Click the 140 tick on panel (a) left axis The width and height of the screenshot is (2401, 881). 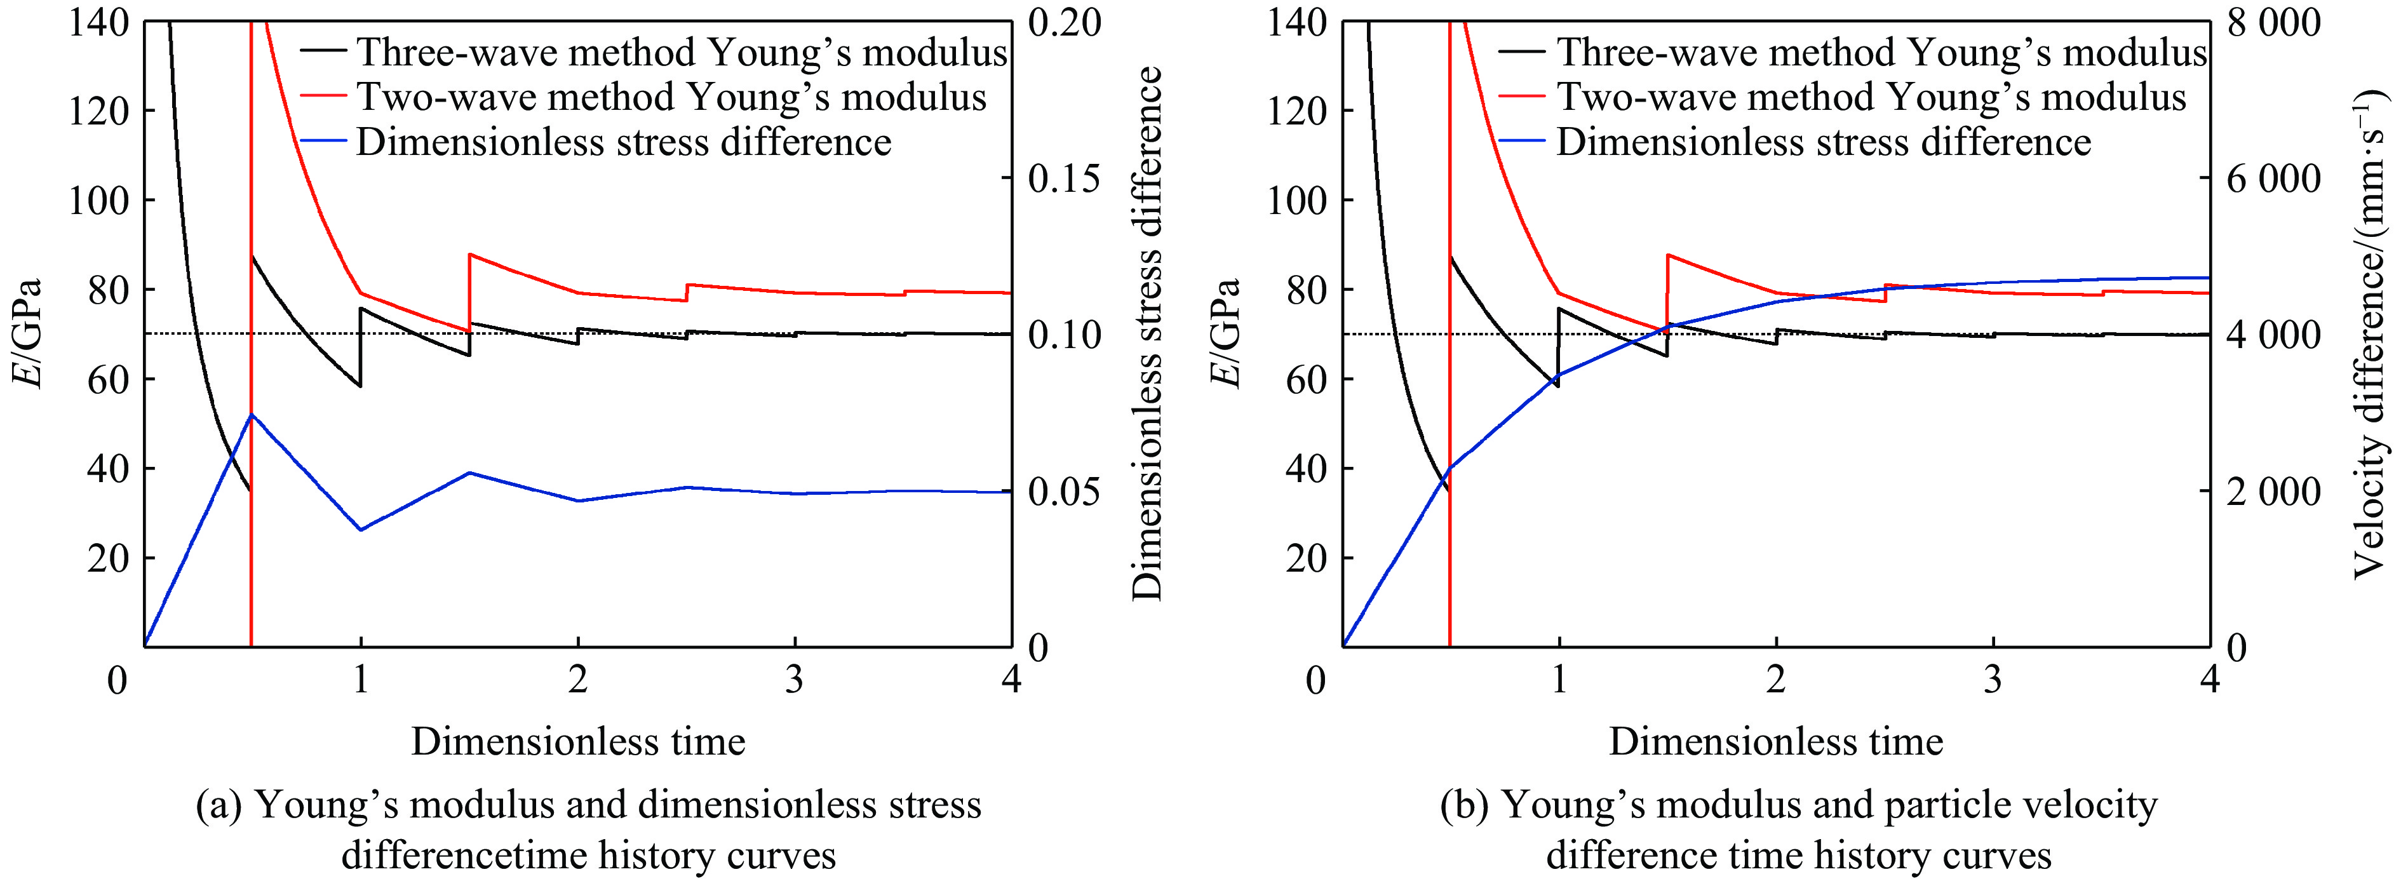(x=98, y=22)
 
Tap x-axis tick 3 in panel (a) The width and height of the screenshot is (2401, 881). (x=794, y=680)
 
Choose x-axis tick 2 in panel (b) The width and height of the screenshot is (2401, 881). (x=1775, y=680)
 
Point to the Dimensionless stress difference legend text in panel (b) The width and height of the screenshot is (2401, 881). (x=1823, y=142)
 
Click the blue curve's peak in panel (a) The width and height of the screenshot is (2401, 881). (x=251, y=415)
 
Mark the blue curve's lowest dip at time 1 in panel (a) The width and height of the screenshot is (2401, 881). (x=361, y=530)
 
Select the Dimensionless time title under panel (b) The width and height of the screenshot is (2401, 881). (x=1775, y=742)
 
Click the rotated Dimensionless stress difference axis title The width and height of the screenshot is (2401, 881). (x=1148, y=333)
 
